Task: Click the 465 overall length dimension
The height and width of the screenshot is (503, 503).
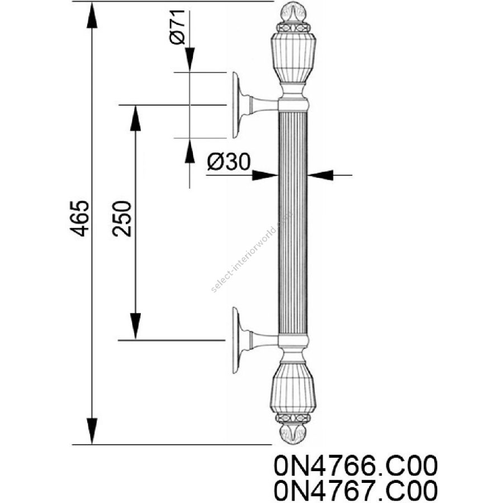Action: pos(79,219)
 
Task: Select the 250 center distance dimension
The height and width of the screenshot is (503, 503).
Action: pos(122,219)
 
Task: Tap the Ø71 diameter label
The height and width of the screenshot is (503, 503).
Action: pos(177,27)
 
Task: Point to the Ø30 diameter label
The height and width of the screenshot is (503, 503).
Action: pos(229,162)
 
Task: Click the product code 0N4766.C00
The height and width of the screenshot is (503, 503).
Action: pos(356,466)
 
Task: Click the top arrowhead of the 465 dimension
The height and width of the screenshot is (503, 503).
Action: pos(92,15)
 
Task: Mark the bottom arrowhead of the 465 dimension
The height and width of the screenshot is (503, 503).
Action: pos(92,431)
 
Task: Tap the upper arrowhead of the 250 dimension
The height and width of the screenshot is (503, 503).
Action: pos(135,118)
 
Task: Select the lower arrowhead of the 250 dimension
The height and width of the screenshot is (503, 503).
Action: pos(135,326)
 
